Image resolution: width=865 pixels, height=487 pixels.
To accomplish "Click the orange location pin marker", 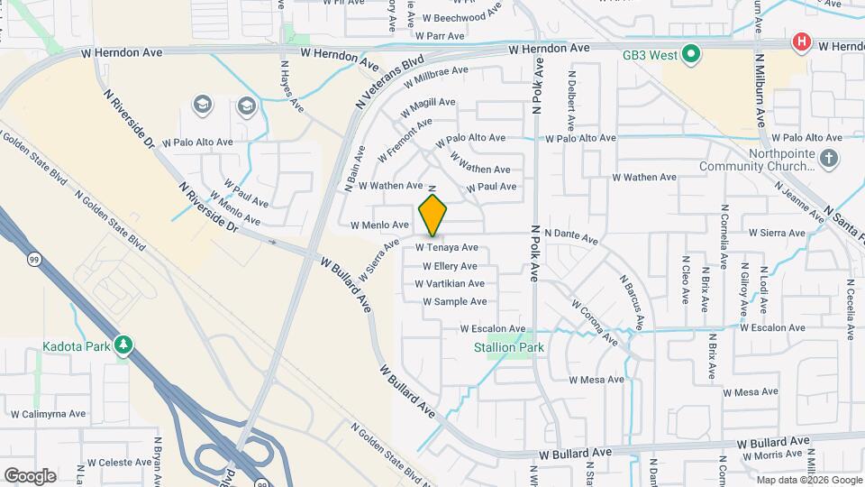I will pyautogui.click(x=432, y=215).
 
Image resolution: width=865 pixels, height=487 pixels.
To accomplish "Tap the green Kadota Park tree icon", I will pyautogui.click(x=123, y=345).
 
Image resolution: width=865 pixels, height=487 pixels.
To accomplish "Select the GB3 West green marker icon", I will pyautogui.click(x=691, y=56).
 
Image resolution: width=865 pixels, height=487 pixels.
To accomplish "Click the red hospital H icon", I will pyautogui.click(x=800, y=42).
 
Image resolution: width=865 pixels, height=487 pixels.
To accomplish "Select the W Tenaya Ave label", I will pyautogui.click(x=446, y=247).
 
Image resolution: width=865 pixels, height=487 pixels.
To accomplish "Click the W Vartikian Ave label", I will pyautogui.click(x=450, y=284).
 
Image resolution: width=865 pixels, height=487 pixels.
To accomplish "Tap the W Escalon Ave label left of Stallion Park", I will pyautogui.click(x=492, y=329).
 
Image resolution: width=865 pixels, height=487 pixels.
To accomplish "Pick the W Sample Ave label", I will pyautogui.click(x=454, y=302).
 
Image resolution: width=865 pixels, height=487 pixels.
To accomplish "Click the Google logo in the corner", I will pyautogui.click(x=30, y=475).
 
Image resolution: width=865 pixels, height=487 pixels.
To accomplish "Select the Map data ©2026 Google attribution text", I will pyautogui.click(x=808, y=480).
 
